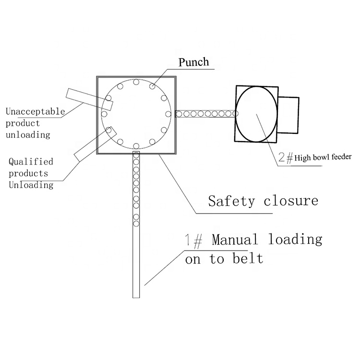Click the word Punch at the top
tap(194, 62)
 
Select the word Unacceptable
tap(35, 112)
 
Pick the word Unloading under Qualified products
tap(31, 185)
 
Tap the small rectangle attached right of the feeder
tap(288, 115)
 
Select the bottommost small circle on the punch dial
tap(136, 145)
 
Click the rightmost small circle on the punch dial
tap(168, 114)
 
